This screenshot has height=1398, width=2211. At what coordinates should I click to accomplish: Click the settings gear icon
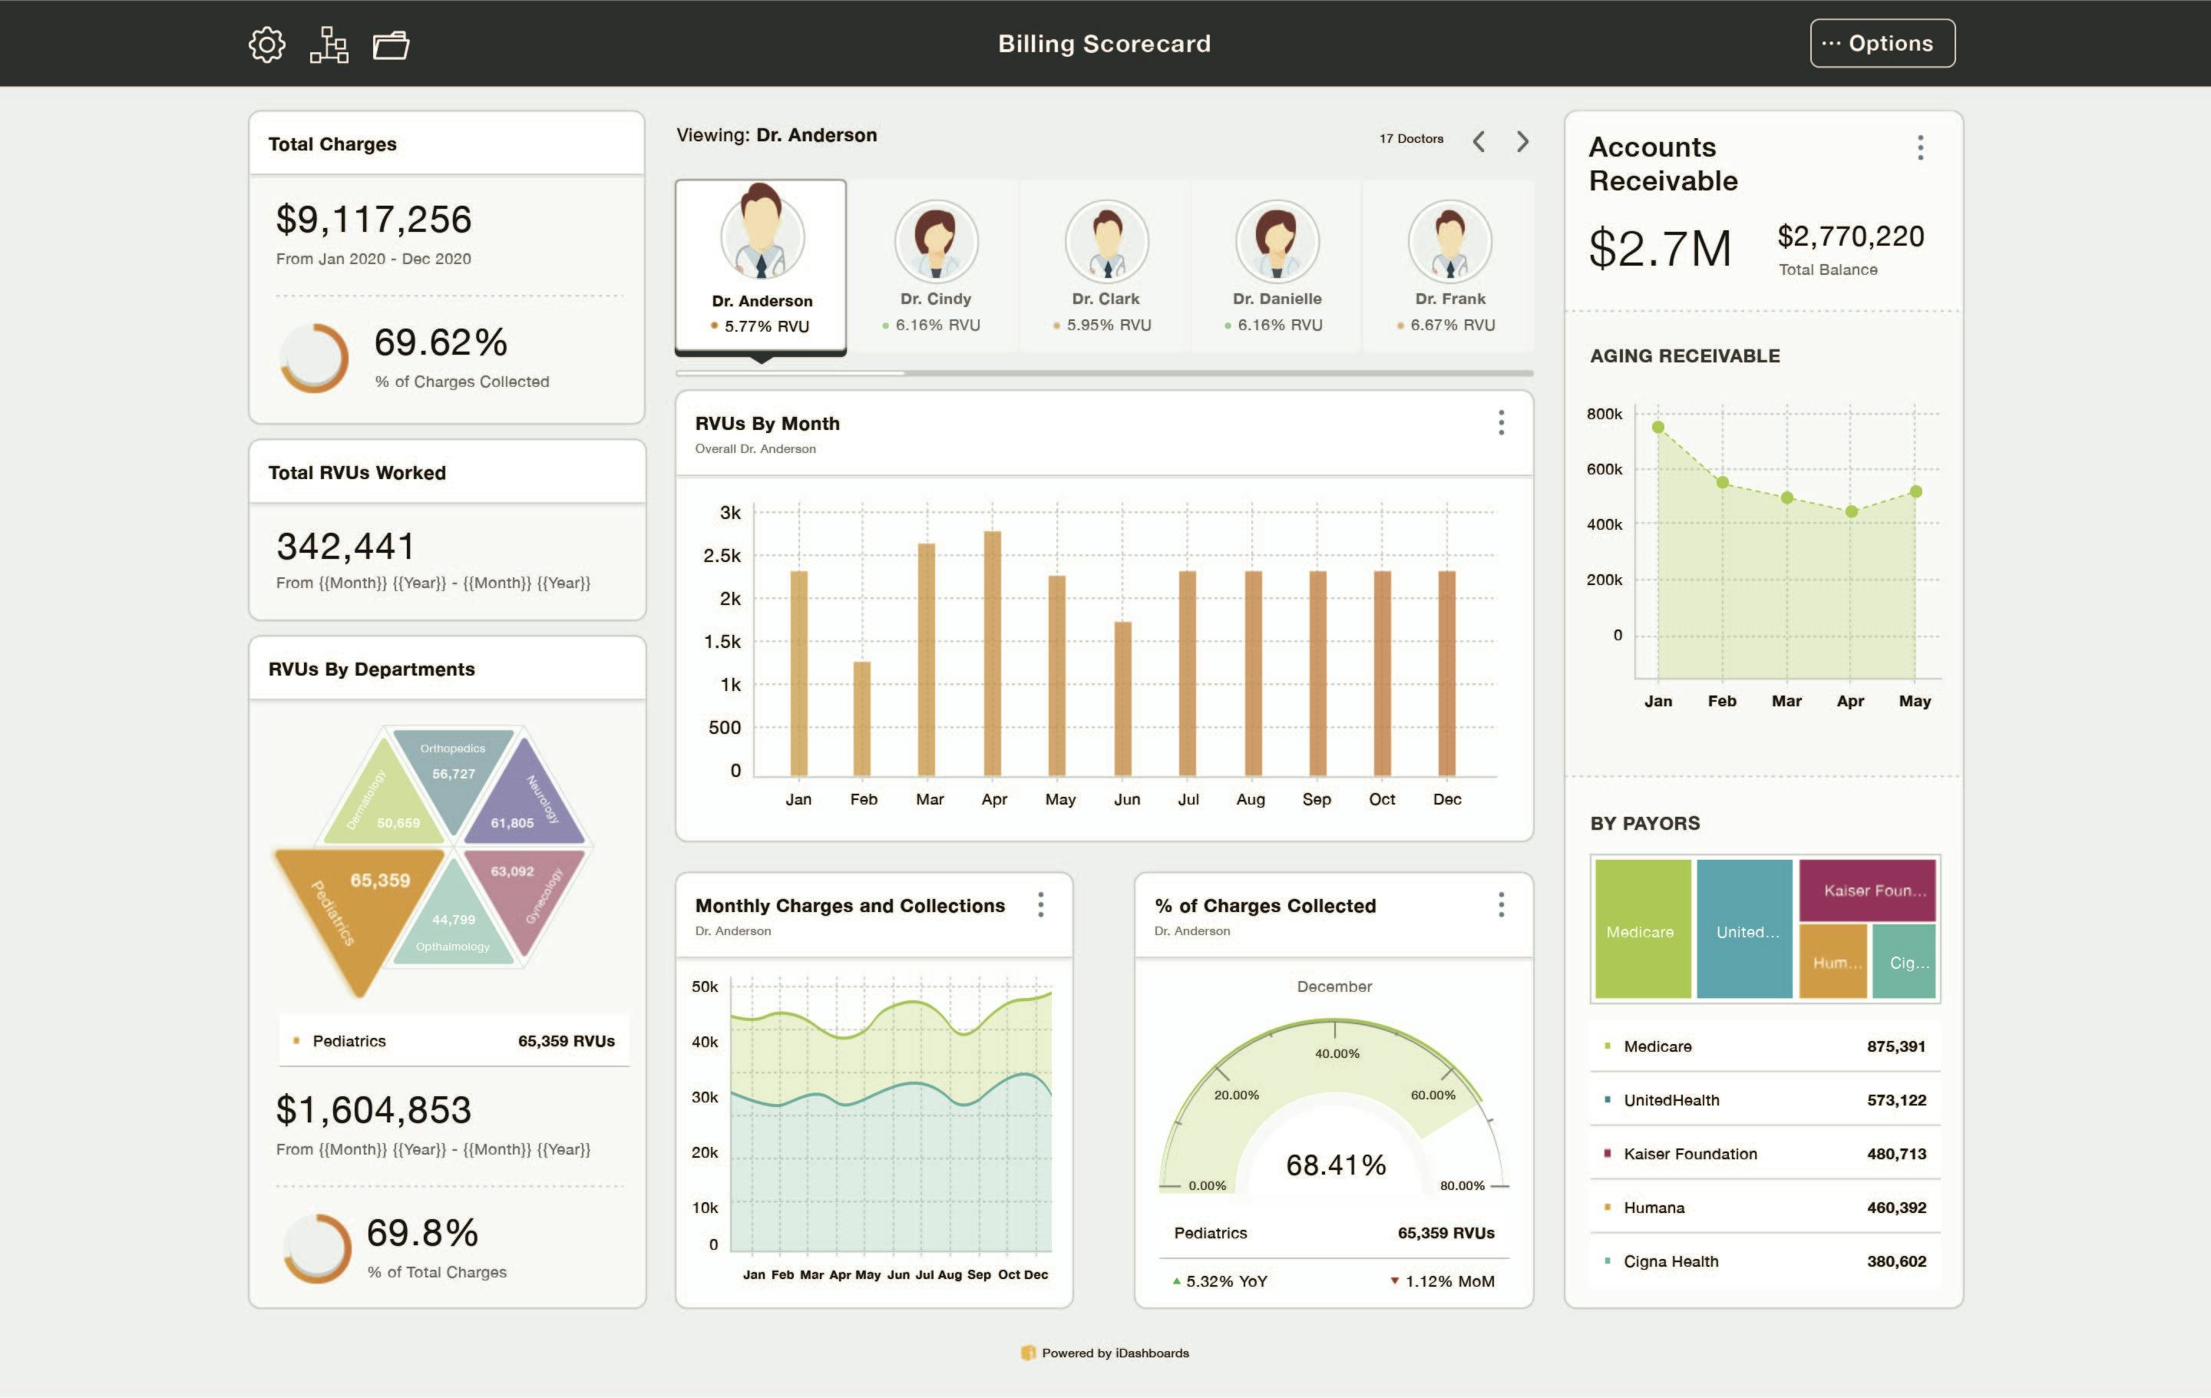pos(266,44)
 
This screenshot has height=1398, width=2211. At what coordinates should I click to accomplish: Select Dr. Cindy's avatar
pos(936,241)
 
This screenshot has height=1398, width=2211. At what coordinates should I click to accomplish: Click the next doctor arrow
pos(1522,141)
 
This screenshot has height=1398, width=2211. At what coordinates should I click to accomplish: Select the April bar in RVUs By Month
pos(993,653)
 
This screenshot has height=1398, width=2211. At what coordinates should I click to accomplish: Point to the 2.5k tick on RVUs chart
pos(722,555)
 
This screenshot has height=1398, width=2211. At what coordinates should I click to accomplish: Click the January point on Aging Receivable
pos(1658,427)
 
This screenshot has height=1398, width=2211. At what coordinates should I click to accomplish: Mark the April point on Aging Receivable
pos(1851,511)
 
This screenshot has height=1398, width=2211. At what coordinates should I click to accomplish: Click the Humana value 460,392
pos(1896,1208)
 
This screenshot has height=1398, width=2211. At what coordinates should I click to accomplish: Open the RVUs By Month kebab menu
pos(1501,423)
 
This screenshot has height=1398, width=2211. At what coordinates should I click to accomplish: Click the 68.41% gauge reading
pos(1336,1165)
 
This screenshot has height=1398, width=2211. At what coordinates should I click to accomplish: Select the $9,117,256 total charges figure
pos(374,220)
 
